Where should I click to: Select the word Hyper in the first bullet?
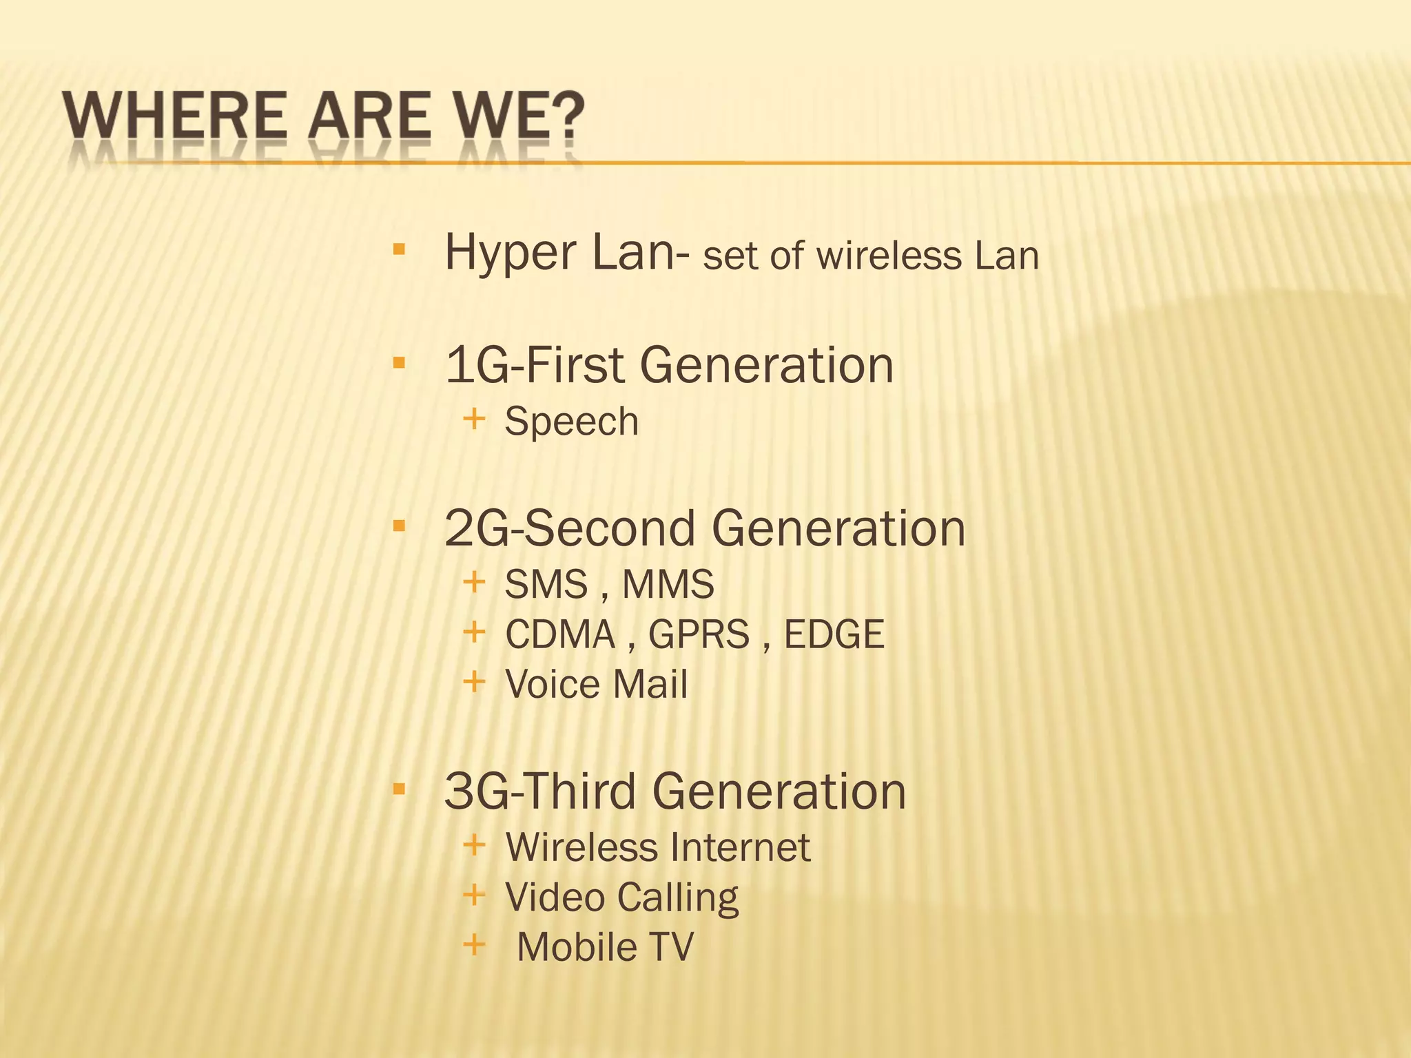(x=510, y=253)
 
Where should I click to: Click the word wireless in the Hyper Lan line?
(x=889, y=256)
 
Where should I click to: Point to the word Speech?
(x=572, y=422)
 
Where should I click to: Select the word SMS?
(x=546, y=585)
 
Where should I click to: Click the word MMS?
(x=668, y=585)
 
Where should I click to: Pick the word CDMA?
(x=559, y=634)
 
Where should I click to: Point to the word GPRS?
(x=699, y=634)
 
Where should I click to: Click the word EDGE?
(x=834, y=634)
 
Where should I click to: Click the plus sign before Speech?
(x=474, y=418)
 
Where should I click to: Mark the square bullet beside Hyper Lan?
(x=399, y=249)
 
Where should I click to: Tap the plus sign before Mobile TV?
(x=474, y=944)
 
